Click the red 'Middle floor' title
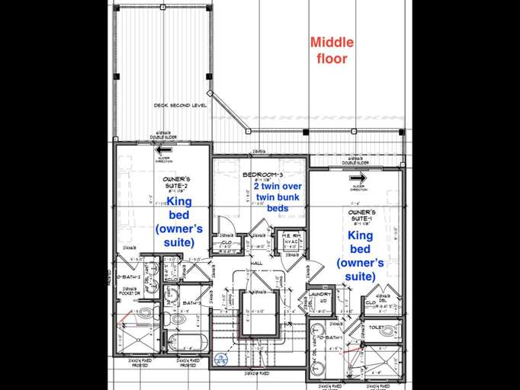(329, 50)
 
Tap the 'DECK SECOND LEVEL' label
(180, 106)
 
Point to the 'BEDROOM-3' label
(261, 175)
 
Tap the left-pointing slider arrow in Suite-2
(163, 150)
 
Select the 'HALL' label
(257, 263)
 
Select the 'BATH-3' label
(191, 302)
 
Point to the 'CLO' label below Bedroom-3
(227, 243)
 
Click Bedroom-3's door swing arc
(225, 225)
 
